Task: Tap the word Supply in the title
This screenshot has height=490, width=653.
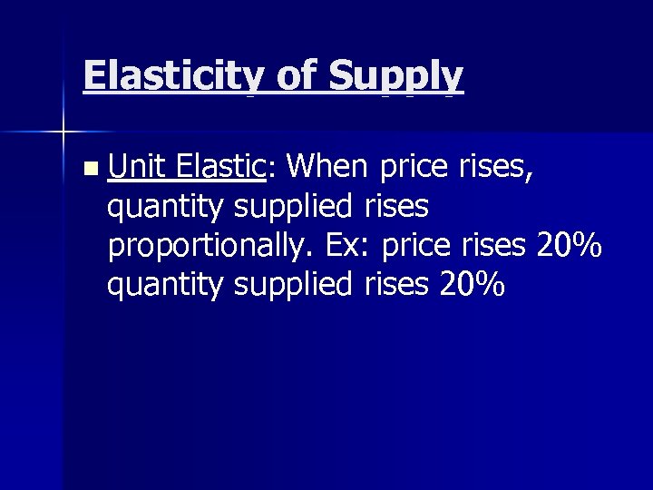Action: click(x=396, y=75)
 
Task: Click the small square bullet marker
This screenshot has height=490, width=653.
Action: click(x=87, y=169)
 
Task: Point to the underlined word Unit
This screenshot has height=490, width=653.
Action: click(x=138, y=167)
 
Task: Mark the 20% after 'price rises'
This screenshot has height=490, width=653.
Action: click(x=569, y=246)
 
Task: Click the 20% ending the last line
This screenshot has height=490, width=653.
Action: click(x=472, y=285)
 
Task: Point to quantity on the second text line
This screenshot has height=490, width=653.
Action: click(x=166, y=209)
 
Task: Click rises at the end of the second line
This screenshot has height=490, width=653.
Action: click(x=395, y=207)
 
